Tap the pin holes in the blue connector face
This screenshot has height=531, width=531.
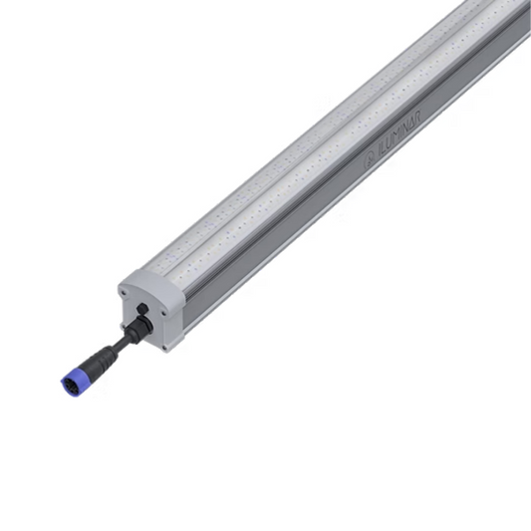[66, 382]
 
